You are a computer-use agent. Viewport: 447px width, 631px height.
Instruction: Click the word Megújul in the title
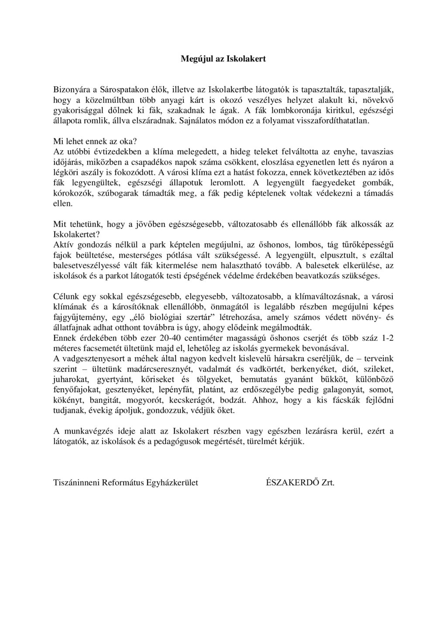pos(195,58)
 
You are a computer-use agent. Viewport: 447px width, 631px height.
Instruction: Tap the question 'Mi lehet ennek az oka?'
pos(95,142)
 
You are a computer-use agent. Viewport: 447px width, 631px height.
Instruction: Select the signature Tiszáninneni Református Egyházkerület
pos(126,483)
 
